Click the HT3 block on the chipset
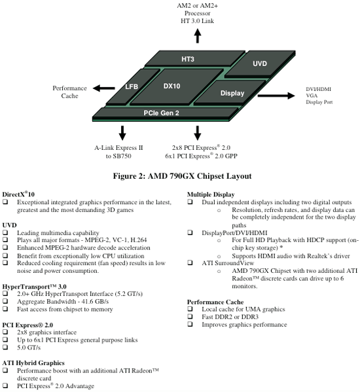tap(194, 59)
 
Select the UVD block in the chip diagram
tap(260, 63)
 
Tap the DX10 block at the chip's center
tap(177, 86)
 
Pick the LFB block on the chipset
tap(132, 86)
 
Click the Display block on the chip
tap(230, 92)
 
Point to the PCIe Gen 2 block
tap(165, 113)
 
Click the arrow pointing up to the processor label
tap(198, 36)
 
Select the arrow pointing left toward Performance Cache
tap(104, 88)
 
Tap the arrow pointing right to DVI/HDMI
tap(276, 96)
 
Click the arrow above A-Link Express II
tap(122, 133)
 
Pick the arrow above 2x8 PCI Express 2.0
tap(198, 133)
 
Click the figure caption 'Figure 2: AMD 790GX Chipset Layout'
tap(182, 176)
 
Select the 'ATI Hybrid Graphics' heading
tap(33, 363)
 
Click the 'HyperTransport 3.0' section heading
tap(34, 287)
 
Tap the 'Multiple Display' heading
tap(211, 194)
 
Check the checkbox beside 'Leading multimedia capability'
tap(5, 232)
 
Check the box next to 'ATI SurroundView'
tap(190, 262)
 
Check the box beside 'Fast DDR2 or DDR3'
tap(190, 317)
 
